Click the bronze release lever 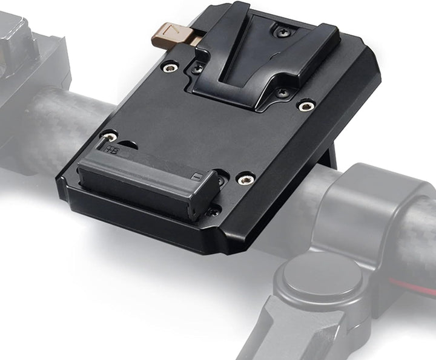point(171,36)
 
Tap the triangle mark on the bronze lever point(173,29)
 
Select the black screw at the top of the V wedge point(280,31)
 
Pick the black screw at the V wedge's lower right point(281,93)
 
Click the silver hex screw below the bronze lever point(170,68)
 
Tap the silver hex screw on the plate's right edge point(306,106)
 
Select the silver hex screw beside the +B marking point(109,137)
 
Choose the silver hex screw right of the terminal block point(246,179)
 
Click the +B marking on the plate point(111,148)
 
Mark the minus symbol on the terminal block point(196,177)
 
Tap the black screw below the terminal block point(213,211)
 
